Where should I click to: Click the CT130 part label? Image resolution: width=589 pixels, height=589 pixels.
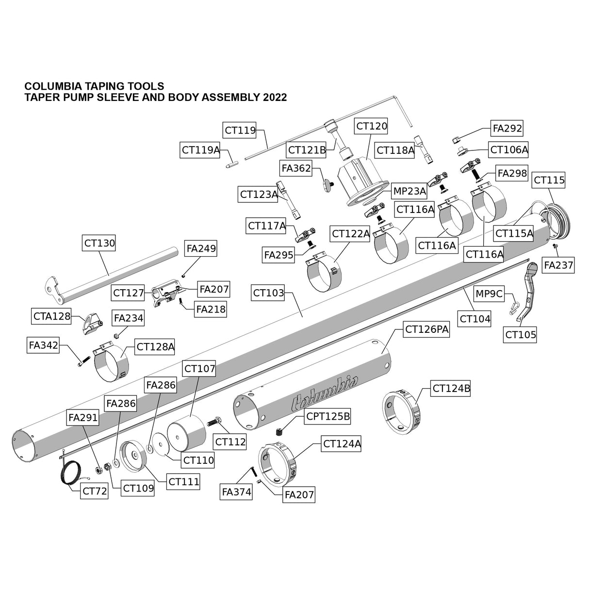click(99, 243)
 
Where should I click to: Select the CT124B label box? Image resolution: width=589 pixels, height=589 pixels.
click(451, 389)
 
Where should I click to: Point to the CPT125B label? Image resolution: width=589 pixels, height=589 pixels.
click(327, 416)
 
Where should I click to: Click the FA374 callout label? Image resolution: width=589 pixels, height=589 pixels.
click(236, 492)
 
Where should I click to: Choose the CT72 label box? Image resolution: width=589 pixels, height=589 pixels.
click(95, 491)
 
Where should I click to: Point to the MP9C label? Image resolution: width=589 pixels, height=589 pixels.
click(490, 294)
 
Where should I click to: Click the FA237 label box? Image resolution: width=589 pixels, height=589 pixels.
click(558, 265)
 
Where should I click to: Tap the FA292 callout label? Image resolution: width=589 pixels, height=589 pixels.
click(507, 128)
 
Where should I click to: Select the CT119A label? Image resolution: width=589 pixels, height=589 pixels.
click(200, 150)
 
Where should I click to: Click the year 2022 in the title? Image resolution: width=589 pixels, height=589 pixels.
click(275, 97)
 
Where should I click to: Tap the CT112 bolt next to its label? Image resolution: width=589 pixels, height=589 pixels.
click(215, 422)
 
